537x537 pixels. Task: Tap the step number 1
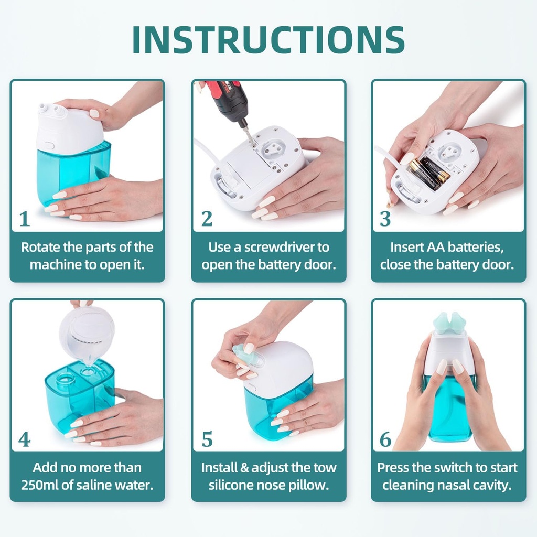24,219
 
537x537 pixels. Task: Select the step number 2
207,219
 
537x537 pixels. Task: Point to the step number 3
385,219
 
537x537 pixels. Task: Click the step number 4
24,439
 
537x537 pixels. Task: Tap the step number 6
385,439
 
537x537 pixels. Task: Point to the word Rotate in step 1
39,247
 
